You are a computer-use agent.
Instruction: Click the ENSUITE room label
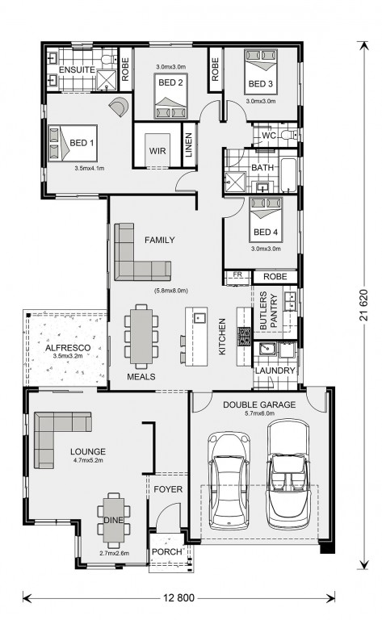77,70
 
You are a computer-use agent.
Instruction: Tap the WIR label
157,151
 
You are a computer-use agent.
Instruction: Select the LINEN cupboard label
189,145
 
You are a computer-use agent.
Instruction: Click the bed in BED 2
171,95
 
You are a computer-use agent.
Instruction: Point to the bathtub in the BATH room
288,174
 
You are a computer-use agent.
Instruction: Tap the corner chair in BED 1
120,107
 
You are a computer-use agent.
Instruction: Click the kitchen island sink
199,317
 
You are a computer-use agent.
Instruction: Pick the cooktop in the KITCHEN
244,337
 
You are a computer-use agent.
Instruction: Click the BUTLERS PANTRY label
268,311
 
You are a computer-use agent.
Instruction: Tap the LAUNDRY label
275,371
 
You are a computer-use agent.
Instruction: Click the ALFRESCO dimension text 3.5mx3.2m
68,355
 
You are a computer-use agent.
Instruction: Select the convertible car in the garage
288,475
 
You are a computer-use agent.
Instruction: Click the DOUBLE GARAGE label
259,404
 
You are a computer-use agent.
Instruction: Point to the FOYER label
168,489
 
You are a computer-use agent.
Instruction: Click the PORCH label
167,551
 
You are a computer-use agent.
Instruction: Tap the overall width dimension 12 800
178,598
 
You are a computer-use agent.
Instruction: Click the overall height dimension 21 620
363,305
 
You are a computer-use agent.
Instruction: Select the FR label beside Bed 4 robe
237,274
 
